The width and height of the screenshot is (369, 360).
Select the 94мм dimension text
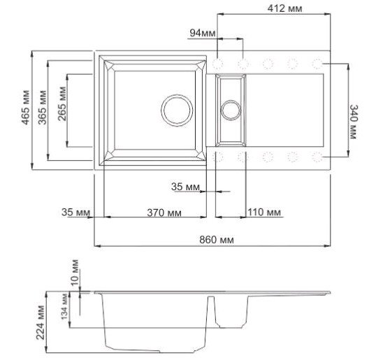point(201,33)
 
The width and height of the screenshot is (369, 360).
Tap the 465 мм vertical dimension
point(26,108)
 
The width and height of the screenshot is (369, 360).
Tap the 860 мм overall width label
point(216,240)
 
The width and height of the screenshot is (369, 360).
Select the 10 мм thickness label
point(75,268)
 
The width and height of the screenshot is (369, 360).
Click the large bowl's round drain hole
point(177,110)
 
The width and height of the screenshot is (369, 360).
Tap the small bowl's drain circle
point(230,109)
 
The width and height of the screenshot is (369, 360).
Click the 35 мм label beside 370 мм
point(75,213)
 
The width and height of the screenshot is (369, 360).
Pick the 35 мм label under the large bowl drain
point(184,187)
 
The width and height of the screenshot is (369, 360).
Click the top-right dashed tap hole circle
point(317,64)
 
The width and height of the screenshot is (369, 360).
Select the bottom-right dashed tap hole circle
point(317,156)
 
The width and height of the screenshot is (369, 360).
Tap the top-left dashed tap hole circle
point(218,64)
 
